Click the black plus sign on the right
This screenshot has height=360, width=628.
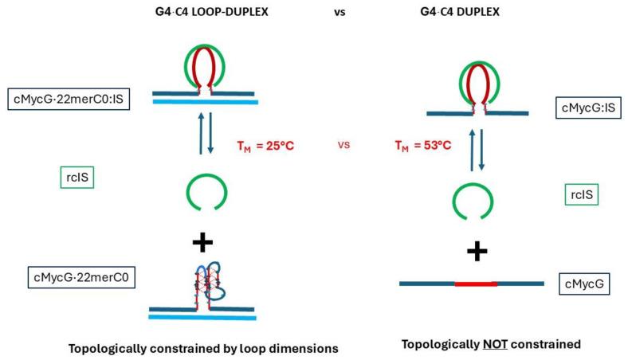click(477, 252)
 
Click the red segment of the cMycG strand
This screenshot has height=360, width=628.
click(476, 284)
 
